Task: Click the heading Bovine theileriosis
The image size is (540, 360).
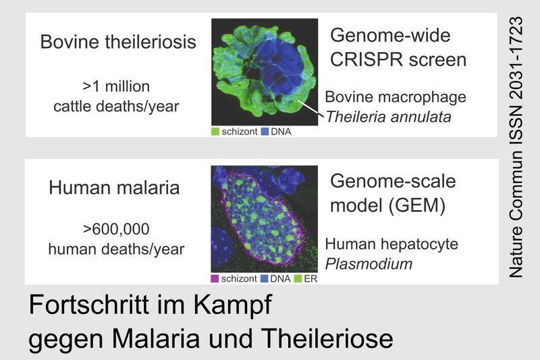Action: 118,42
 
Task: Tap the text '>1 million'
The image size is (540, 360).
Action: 116,86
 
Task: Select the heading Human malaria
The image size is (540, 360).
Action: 114,188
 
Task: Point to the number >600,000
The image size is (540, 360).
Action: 116,229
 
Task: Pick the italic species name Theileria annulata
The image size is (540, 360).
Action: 388,117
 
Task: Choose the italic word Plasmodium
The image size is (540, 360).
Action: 369,264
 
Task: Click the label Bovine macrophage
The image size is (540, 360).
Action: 396,97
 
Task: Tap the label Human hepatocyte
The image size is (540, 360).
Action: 391,244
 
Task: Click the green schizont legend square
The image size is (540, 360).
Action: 215,132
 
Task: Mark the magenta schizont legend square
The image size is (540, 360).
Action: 215,279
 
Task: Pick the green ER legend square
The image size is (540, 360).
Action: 298,279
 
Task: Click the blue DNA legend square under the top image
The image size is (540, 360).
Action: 265,132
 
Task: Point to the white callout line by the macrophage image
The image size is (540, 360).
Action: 310,108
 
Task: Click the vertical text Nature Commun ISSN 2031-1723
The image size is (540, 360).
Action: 516,147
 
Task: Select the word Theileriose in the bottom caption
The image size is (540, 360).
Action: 327,338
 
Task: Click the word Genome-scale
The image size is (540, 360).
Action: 393,181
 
